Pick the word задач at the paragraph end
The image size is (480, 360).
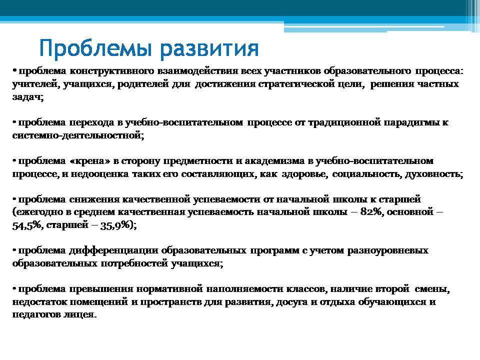pos(28,97)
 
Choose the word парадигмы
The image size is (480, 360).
pos(411,123)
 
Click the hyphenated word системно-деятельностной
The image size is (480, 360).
pos(78,135)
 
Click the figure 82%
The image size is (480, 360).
pos(371,212)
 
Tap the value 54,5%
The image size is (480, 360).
pos(26,225)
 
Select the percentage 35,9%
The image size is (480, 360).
pos(115,225)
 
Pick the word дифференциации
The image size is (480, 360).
pos(113,250)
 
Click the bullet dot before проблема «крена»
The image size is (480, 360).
pos(14,160)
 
